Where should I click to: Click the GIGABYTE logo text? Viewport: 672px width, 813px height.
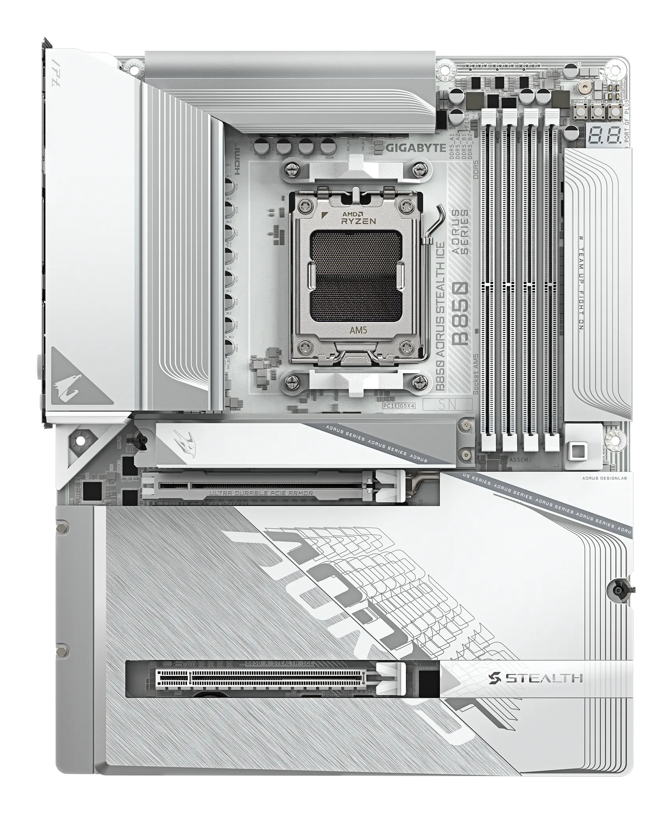coord(415,148)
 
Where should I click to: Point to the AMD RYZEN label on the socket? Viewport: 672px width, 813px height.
coord(358,217)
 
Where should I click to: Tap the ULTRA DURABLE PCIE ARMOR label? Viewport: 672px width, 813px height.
coord(261,493)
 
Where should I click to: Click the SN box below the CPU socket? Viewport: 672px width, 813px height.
coord(447,405)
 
